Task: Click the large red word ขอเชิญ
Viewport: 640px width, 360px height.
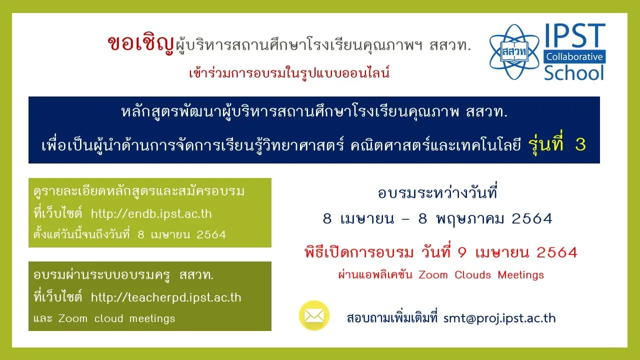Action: [141, 44]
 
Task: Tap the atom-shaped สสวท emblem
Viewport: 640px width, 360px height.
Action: [514, 52]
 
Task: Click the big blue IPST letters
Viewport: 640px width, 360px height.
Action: [575, 35]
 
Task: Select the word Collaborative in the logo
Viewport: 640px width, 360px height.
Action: [574, 56]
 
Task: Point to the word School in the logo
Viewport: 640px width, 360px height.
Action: [574, 73]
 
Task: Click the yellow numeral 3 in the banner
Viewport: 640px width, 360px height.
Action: [580, 144]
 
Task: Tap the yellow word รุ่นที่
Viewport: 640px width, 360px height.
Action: [545, 143]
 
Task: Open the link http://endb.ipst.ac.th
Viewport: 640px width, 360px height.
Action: [151, 213]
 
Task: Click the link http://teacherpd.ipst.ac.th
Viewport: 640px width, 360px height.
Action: [166, 297]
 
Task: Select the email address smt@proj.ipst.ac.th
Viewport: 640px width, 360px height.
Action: [499, 318]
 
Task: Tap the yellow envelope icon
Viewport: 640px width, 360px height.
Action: [314, 315]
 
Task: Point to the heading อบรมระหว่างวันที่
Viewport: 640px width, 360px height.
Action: [437, 192]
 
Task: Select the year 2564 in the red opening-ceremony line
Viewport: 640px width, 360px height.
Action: [557, 252]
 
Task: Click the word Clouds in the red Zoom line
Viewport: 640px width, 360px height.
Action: [472, 275]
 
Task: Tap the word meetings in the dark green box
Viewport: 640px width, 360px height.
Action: [152, 319]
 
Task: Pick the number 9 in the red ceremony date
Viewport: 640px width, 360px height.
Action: [462, 252]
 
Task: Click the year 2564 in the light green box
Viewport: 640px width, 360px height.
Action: [211, 235]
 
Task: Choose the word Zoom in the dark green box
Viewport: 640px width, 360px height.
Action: [72, 318]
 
